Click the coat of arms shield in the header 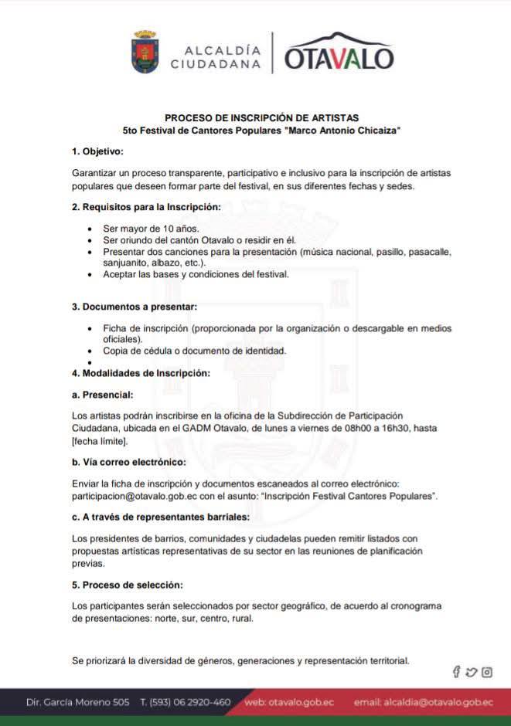point(145,52)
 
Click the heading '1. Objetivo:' point(97,151)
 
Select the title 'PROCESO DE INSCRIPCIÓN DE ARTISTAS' point(261,118)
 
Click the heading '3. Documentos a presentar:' point(135,307)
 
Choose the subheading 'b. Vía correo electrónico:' point(128,462)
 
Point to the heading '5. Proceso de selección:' point(128,585)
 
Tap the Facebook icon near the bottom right point(457,672)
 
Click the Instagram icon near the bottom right point(487,672)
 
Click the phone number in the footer point(186,702)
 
